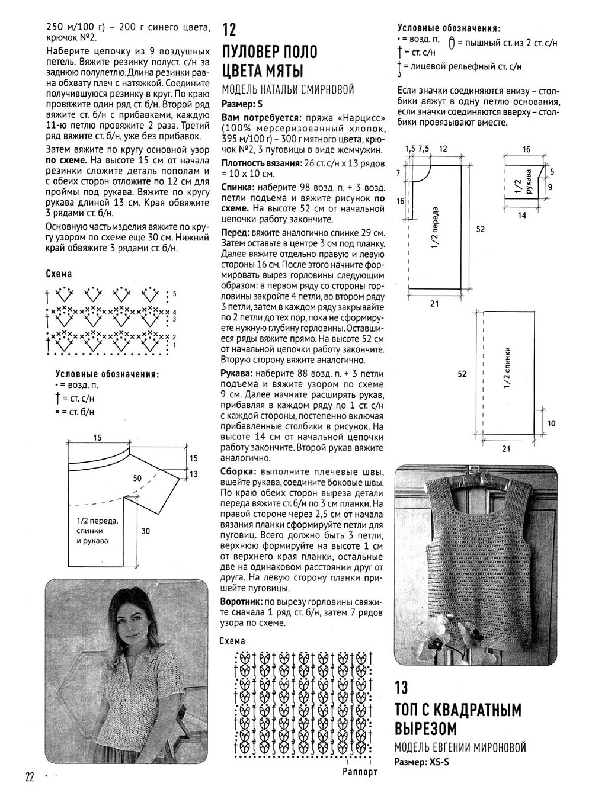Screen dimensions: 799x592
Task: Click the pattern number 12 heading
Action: click(x=229, y=30)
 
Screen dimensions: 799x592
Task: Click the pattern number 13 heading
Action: click(x=401, y=687)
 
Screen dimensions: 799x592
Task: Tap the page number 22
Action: click(x=31, y=776)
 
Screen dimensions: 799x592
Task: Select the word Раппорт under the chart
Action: click(x=360, y=772)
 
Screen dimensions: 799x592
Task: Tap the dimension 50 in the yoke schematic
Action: click(x=137, y=477)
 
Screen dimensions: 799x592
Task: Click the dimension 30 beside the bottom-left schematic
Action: click(x=145, y=531)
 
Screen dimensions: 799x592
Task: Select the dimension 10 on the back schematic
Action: click(x=552, y=423)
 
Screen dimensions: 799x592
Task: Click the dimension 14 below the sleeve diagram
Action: click(x=521, y=216)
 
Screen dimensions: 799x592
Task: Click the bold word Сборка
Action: click(x=238, y=472)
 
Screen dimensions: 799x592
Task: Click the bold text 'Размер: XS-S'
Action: click(x=421, y=762)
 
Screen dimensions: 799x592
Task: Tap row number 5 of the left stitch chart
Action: click(x=174, y=294)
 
